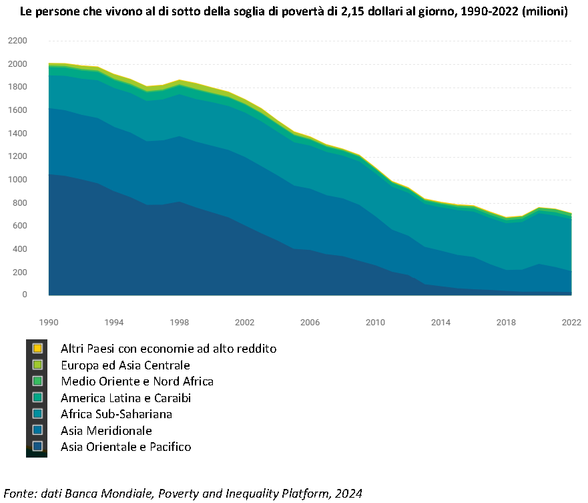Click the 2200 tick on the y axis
pos(17,41)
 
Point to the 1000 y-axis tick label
pos(17,180)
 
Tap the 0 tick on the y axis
pos(25,295)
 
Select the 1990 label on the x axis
pos(49,323)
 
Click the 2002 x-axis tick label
pos(244,323)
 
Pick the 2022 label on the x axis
pos(571,323)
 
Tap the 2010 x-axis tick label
pos(375,323)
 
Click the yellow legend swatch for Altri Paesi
pos(37,348)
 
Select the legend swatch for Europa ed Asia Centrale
pos(37,365)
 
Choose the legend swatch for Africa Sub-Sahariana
pos(37,413)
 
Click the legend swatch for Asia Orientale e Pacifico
pos(37,446)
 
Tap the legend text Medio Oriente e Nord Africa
pos(137,381)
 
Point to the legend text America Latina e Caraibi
pos(126,398)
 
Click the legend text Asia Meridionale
pos(107,431)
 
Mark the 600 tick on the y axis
pos(20,226)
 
